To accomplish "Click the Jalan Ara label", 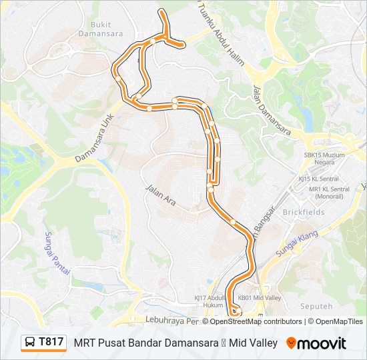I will tap(160, 195).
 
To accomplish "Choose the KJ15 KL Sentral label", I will tap(318, 179).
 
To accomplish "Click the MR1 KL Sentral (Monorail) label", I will tap(328, 193).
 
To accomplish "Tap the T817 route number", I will tap(51, 342).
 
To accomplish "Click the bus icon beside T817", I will tap(30, 343).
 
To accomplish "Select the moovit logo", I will tap(316, 343).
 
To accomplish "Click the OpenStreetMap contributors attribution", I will tap(256, 321).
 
